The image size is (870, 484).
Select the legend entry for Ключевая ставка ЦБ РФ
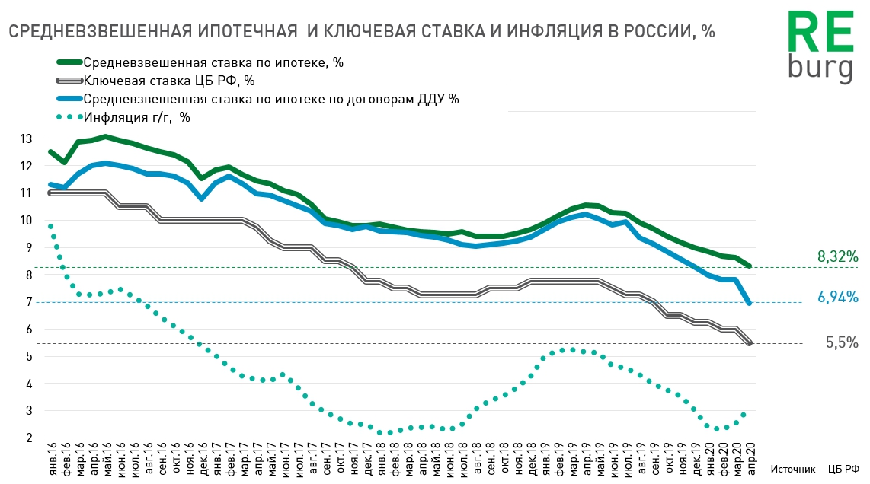[x=169, y=81]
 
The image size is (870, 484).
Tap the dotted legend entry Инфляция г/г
[x=137, y=117]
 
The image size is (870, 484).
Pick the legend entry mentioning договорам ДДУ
[x=271, y=99]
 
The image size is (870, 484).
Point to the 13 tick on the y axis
[x=27, y=139]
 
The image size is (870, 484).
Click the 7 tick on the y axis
[x=28, y=302]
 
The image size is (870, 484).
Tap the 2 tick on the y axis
[x=28, y=438]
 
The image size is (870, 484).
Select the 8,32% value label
[x=838, y=257]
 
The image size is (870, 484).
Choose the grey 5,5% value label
[x=842, y=342]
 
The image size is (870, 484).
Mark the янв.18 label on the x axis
[x=379, y=461]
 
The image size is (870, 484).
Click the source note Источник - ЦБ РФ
[x=814, y=470]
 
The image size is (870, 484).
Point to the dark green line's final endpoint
[x=750, y=266]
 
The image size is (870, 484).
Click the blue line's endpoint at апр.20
[x=750, y=303]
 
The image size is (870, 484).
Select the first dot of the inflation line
[x=50, y=226]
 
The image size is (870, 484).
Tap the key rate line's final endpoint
[x=750, y=343]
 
